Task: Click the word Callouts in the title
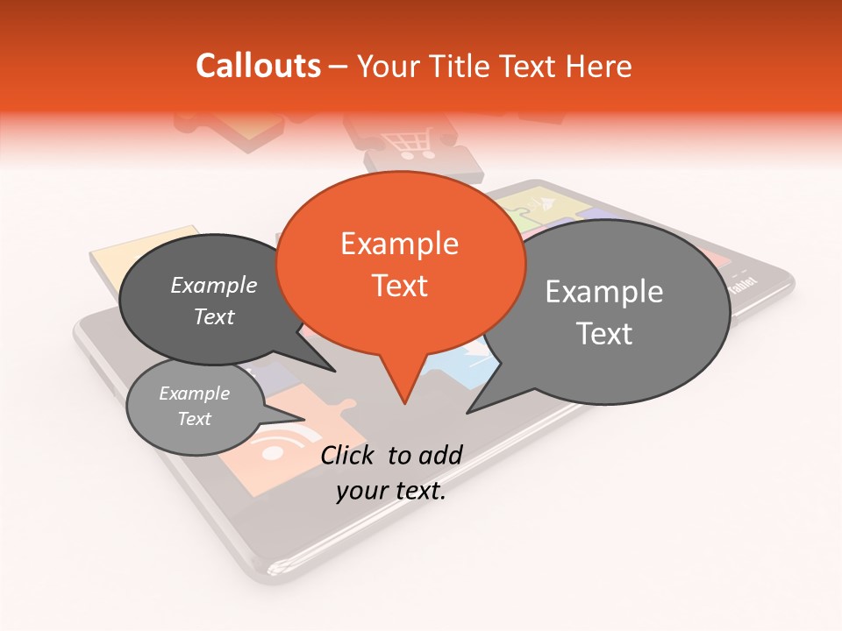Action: (258, 66)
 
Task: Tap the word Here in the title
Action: (599, 66)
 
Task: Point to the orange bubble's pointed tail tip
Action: (403, 403)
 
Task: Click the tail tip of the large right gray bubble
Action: (468, 411)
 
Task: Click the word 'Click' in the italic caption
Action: (350, 454)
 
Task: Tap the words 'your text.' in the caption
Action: (390, 491)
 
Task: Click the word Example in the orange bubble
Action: (399, 245)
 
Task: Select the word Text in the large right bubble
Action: (604, 334)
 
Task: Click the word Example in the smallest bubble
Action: (194, 394)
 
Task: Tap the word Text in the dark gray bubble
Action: (214, 317)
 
